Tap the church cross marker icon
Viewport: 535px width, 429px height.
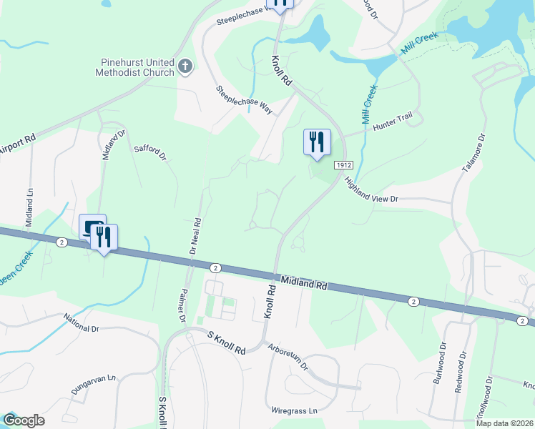(x=185, y=68)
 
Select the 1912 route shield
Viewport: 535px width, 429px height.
(x=343, y=165)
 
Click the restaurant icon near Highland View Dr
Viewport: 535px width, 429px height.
(x=316, y=142)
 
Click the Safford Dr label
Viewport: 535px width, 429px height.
(x=150, y=152)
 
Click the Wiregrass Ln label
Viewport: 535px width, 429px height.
(x=294, y=411)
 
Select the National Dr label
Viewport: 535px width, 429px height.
(x=81, y=324)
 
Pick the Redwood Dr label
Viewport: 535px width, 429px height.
(x=462, y=370)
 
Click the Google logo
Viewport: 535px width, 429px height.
(x=24, y=420)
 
